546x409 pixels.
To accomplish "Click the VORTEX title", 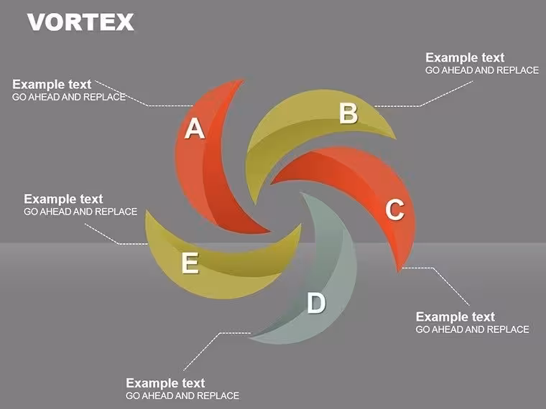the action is [80, 22].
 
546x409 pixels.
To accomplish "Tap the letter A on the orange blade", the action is [194, 128].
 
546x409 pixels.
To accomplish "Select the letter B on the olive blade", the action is [348, 113].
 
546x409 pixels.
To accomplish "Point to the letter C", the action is [395, 210].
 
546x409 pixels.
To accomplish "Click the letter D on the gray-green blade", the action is [316, 303].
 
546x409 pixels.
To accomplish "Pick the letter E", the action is [190, 263].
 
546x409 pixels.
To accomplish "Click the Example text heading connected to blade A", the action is [52, 84].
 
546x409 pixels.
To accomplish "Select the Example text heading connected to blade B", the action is [465, 57].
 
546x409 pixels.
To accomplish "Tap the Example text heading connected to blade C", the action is [455, 317].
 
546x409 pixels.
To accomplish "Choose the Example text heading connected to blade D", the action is [165, 383].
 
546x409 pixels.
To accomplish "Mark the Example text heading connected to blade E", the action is [63, 199].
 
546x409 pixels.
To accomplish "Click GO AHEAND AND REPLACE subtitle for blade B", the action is [482, 70].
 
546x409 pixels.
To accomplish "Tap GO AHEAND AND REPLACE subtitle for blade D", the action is [182, 396].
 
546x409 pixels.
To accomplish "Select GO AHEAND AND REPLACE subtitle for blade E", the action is [80, 212].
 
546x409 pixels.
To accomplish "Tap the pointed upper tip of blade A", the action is [243, 80].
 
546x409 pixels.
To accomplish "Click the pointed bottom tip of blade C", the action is [399, 271].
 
